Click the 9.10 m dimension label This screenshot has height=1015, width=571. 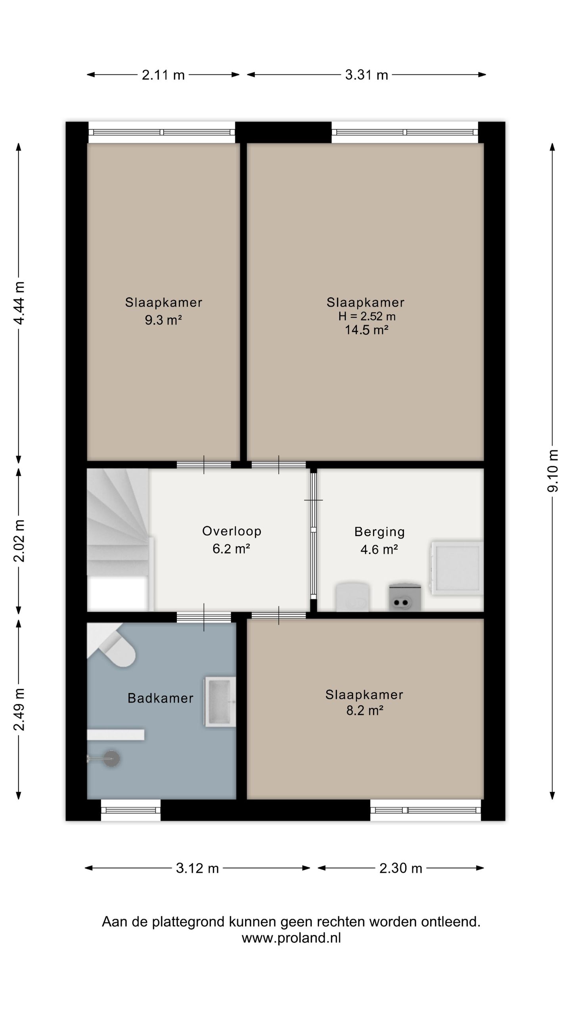pyautogui.click(x=553, y=471)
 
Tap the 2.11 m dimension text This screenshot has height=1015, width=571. pyautogui.click(x=163, y=75)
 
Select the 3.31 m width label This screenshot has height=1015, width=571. pyautogui.click(x=366, y=75)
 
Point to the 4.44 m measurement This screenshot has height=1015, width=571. pyautogui.click(x=19, y=303)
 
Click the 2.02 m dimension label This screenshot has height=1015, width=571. pyautogui.click(x=19, y=540)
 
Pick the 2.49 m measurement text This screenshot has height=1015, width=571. pyautogui.click(x=19, y=709)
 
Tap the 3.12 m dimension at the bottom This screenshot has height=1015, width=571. pyautogui.click(x=197, y=868)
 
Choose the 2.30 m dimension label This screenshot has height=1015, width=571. pyautogui.click(x=400, y=868)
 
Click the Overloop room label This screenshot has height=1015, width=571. pyautogui.click(x=232, y=531)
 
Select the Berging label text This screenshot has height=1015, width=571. pyautogui.click(x=379, y=532)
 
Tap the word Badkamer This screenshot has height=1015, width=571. pyautogui.click(x=161, y=698)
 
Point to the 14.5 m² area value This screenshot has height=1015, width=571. pyautogui.click(x=366, y=330)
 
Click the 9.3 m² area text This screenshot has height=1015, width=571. pyautogui.click(x=163, y=320)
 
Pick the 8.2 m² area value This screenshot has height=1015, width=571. pyautogui.click(x=365, y=710)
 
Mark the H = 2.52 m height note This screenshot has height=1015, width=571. pyautogui.click(x=367, y=316)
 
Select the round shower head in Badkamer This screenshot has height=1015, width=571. pyautogui.click(x=111, y=758)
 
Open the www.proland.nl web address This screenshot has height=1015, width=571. pyautogui.click(x=291, y=938)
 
